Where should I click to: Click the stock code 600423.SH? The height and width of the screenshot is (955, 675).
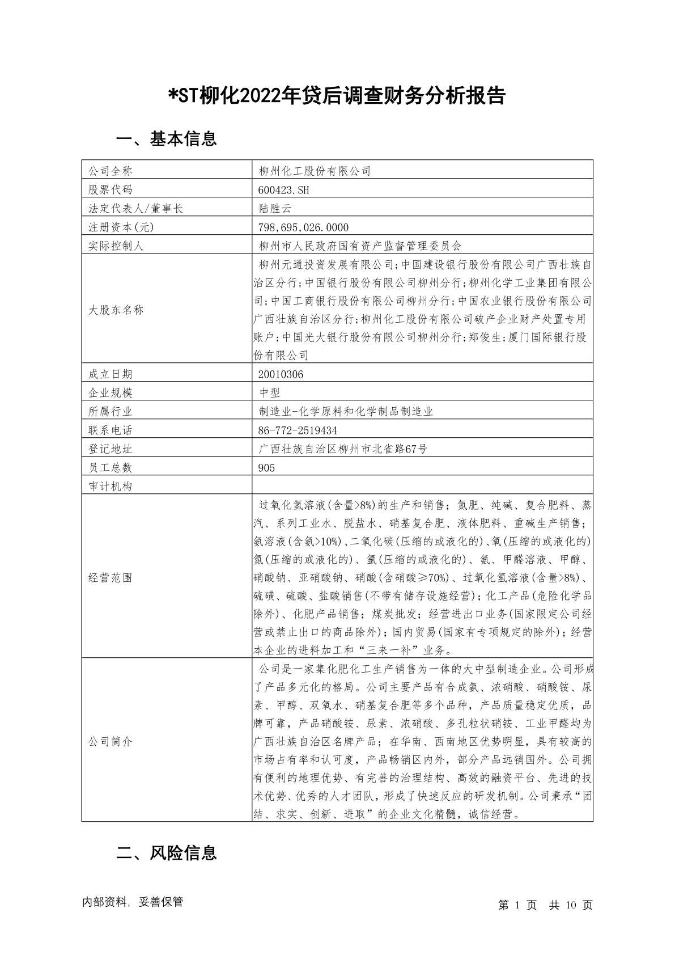click(283, 189)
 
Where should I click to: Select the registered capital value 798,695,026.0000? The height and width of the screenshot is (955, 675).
click(303, 227)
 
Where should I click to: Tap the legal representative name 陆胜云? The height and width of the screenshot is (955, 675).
click(275, 208)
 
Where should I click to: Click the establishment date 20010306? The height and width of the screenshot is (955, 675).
click(281, 374)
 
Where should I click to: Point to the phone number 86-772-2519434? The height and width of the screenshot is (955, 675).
click(298, 430)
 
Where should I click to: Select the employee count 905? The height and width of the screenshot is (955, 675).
click(266, 467)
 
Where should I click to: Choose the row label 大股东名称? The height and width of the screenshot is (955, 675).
click(116, 310)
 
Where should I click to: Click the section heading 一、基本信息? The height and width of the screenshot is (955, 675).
click(166, 139)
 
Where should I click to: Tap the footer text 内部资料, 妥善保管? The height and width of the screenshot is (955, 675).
click(133, 902)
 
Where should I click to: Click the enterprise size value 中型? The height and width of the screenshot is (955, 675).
click(269, 392)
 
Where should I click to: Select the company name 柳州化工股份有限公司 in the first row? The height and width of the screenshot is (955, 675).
click(315, 171)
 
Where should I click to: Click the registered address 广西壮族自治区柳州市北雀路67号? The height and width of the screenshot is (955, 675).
click(343, 449)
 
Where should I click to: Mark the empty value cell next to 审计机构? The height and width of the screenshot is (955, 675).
click(422, 486)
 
